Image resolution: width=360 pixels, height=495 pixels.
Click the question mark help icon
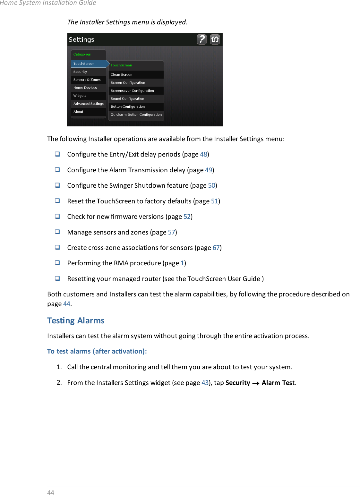(x=201, y=39)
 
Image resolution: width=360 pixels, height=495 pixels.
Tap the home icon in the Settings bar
(x=215, y=39)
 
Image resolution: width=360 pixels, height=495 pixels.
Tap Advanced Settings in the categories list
(x=88, y=104)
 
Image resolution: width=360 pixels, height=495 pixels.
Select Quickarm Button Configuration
(x=136, y=115)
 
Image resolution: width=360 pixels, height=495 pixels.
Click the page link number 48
(x=203, y=154)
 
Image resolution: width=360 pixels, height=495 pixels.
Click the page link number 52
(x=187, y=217)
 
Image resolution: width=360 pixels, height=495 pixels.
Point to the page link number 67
(x=216, y=248)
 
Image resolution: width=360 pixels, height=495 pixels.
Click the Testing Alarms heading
(x=76, y=320)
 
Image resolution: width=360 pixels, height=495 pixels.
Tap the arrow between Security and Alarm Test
(x=256, y=383)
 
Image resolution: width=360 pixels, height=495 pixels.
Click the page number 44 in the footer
(x=51, y=492)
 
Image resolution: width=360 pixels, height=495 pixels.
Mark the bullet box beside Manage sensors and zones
(x=57, y=232)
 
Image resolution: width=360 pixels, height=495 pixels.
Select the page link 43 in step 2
(x=205, y=383)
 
